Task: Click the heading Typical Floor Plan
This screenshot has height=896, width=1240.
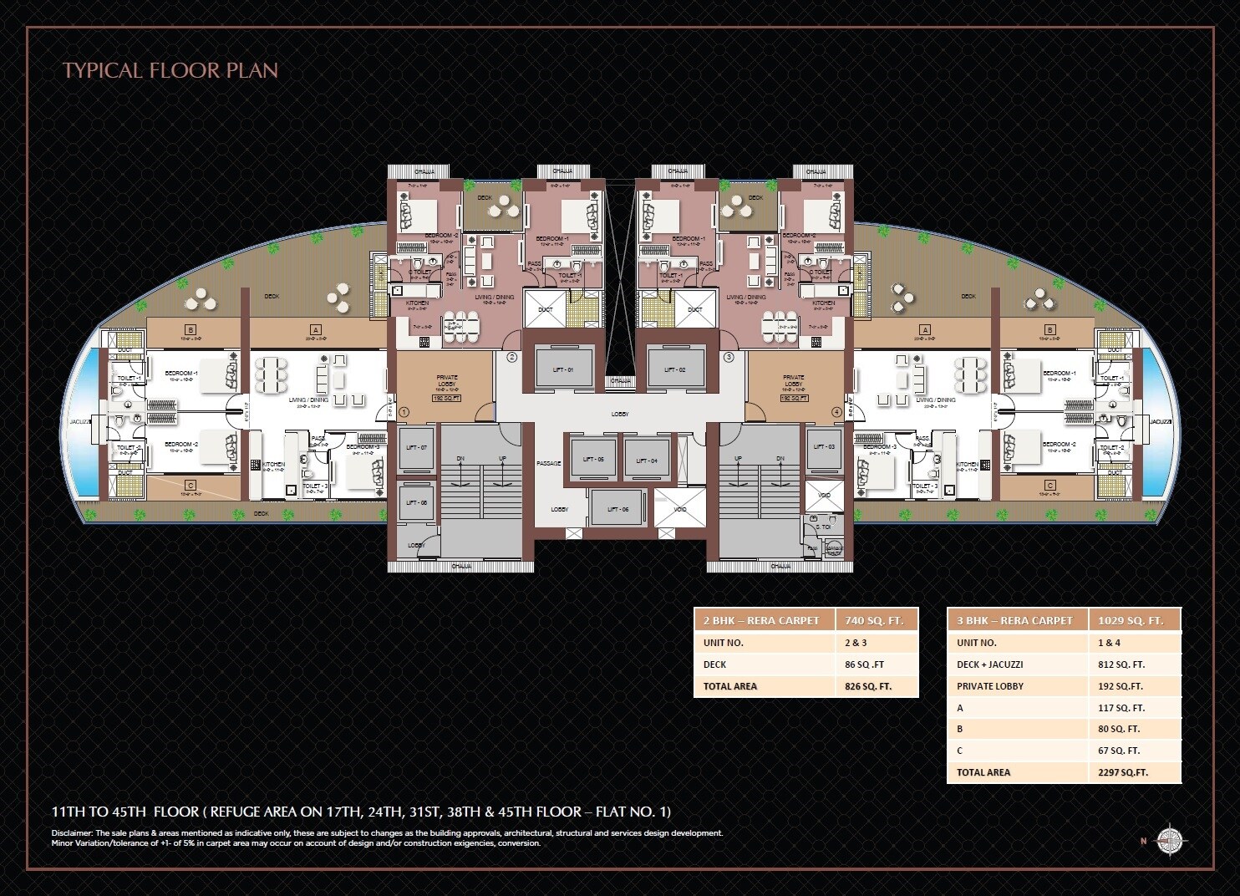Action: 170,70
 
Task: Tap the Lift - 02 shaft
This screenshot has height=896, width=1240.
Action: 675,369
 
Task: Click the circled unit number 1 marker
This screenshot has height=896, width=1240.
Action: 404,412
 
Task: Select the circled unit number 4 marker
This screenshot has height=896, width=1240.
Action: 836,412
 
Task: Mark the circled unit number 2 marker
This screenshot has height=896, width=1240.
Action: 512,357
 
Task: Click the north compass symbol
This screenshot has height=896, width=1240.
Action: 1171,840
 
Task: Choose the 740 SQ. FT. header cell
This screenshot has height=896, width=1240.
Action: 869,620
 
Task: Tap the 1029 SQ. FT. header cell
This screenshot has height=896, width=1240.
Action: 1131,620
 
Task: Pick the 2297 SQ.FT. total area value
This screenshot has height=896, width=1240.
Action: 1123,772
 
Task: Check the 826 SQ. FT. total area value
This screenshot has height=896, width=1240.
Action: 868,686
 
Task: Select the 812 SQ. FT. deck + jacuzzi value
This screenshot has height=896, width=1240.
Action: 1121,664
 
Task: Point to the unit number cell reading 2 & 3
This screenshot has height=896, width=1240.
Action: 856,643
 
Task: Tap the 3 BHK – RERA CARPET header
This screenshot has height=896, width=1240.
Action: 1014,620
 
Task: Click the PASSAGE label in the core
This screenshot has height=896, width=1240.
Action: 549,463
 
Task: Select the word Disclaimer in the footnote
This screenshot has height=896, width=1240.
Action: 72,833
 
